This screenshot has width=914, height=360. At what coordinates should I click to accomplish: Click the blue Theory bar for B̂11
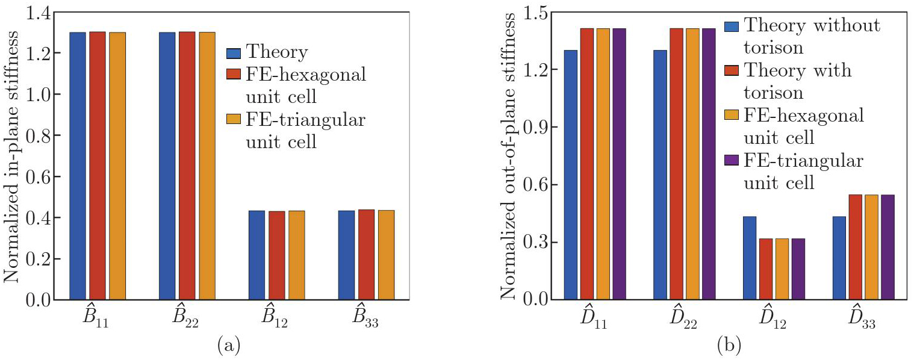78,166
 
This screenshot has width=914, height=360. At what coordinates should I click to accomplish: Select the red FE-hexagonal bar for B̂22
187,166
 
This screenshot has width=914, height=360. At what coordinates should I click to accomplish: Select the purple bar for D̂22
708,164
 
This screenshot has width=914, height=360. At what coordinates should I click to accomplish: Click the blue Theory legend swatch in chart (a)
234,53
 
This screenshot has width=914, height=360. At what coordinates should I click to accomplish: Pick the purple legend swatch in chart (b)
732,162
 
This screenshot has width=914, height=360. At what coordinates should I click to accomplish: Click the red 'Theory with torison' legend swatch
732,71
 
